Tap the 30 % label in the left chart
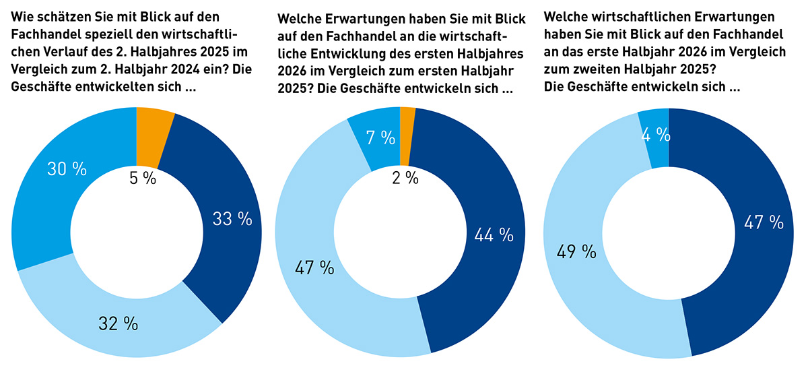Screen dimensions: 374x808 click(67, 169)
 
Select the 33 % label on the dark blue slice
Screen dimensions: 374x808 click(232, 218)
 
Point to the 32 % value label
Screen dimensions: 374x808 click(119, 323)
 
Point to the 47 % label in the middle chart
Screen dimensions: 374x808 click(314, 267)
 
